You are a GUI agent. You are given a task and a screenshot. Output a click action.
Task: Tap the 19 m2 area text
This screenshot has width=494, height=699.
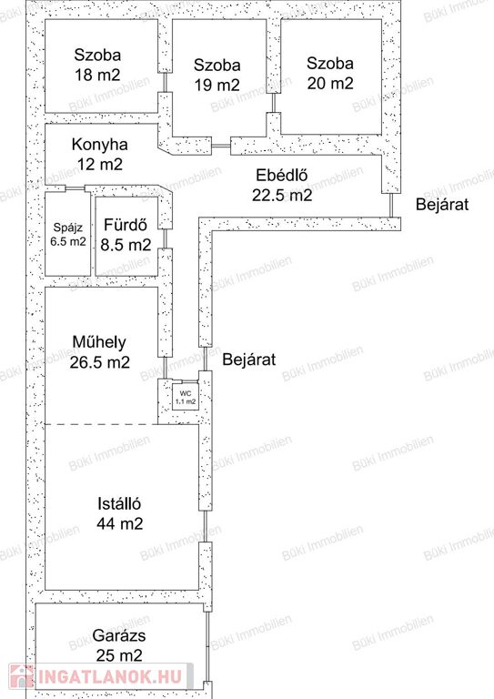point(217,85)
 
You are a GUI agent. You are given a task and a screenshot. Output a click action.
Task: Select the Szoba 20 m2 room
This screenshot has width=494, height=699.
point(331,76)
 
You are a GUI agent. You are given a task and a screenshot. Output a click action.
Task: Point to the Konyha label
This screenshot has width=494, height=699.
point(100,145)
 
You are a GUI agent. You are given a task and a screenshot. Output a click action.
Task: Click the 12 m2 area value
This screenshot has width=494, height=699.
point(100,165)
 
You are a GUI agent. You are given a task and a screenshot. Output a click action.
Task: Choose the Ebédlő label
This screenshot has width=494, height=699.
point(281,175)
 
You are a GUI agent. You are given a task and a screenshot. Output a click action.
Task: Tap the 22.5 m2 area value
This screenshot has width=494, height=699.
point(282,195)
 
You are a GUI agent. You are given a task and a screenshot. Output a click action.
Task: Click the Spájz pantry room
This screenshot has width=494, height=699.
point(67,234)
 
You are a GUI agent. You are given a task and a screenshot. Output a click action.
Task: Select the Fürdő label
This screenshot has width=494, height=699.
point(126,224)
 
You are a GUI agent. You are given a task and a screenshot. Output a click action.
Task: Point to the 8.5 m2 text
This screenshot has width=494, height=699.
point(126,244)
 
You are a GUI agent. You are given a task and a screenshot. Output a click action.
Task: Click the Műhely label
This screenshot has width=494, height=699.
point(99,342)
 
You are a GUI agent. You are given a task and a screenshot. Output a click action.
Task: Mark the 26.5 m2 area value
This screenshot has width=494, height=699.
point(100,362)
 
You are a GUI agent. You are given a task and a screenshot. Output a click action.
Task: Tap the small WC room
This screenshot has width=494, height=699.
point(186,397)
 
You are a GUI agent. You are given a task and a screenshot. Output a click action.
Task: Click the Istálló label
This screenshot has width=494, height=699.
point(119,503)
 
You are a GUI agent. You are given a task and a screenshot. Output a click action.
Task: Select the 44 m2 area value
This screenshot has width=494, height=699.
point(120,523)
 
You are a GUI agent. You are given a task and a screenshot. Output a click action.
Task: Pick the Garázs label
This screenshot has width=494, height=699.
point(119,635)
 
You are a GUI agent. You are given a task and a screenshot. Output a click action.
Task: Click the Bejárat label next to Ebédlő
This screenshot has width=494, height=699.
point(442,204)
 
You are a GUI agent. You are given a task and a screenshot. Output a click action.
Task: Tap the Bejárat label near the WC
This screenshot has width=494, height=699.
point(249,359)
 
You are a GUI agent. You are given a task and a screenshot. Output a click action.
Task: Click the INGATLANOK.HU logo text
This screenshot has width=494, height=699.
point(110,676)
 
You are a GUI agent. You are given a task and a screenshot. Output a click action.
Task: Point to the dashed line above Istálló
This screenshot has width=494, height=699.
point(102,424)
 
